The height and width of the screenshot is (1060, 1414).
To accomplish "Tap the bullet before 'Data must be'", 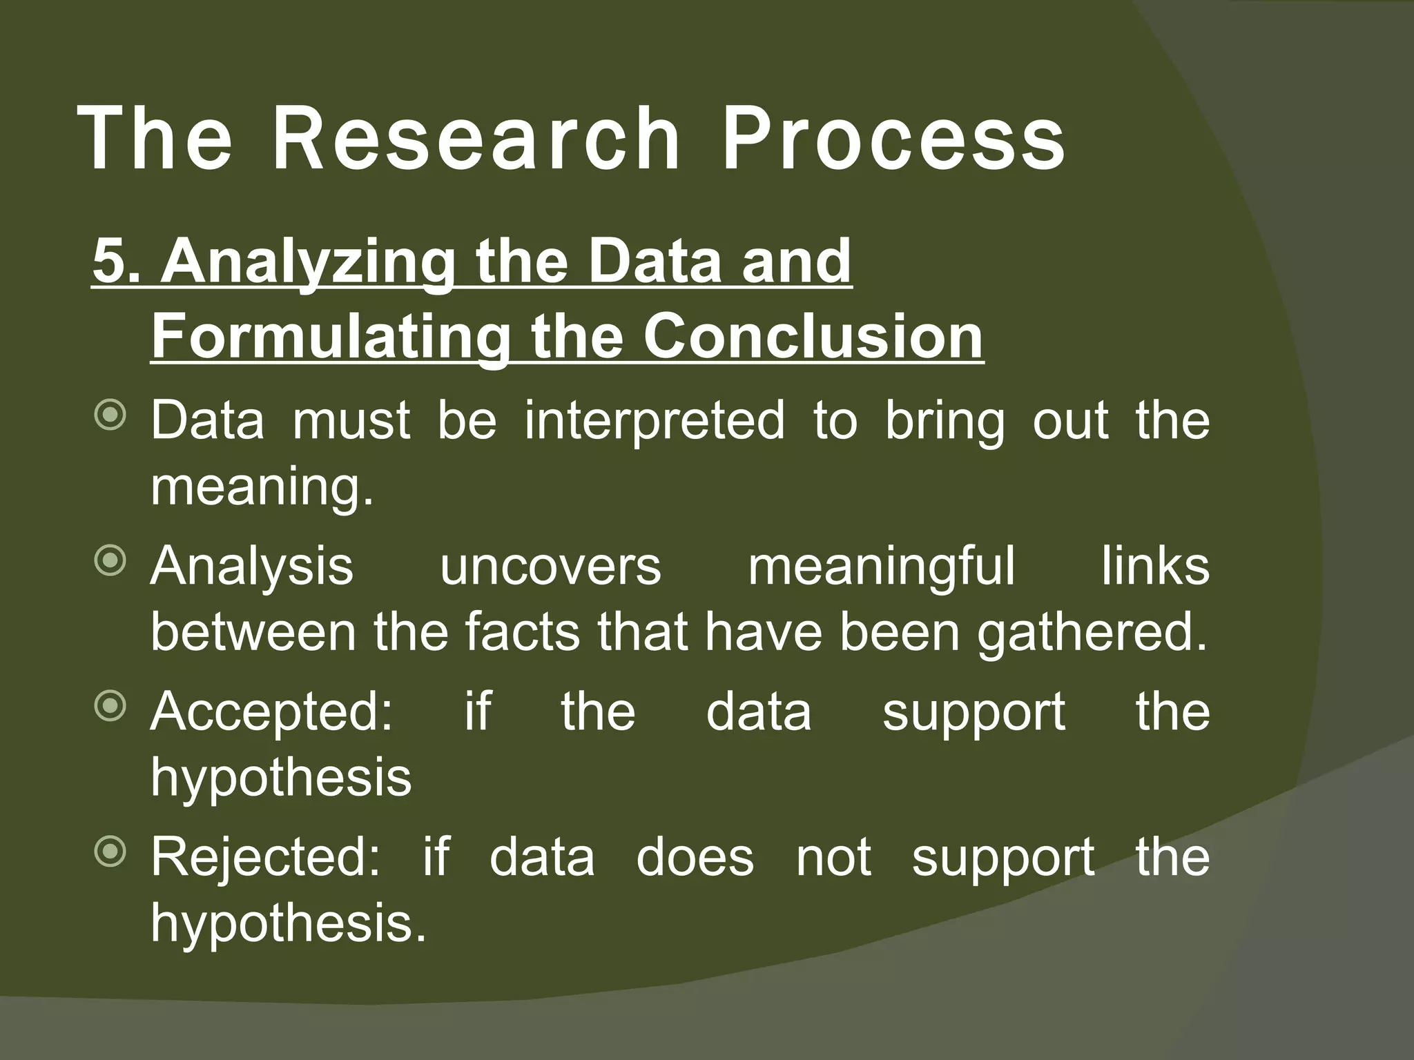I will [110, 417].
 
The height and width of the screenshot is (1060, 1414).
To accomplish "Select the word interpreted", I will [654, 420].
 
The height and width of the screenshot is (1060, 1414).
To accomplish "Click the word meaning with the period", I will [262, 487].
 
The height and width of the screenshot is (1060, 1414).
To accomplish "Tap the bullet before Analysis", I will [110, 562].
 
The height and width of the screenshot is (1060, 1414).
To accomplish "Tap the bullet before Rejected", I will [110, 853].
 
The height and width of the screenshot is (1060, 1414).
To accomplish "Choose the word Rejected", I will [265, 857].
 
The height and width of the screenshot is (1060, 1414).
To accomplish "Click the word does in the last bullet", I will [695, 857].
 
